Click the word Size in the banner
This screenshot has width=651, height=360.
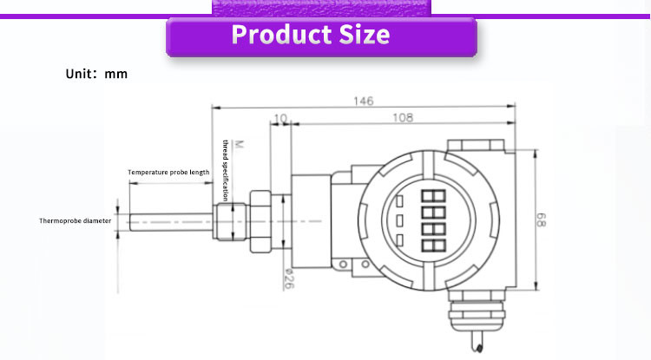[365, 34]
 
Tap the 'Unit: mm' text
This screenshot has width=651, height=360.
[96, 74]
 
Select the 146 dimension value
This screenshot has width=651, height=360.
[364, 101]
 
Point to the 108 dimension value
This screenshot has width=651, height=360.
[403, 118]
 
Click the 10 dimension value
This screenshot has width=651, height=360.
[281, 119]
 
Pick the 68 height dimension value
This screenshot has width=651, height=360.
[541, 219]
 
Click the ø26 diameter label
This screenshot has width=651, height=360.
[289, 278]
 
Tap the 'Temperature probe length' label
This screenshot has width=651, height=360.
[168, 172]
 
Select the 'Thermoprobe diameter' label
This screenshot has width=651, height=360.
[76, 220]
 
